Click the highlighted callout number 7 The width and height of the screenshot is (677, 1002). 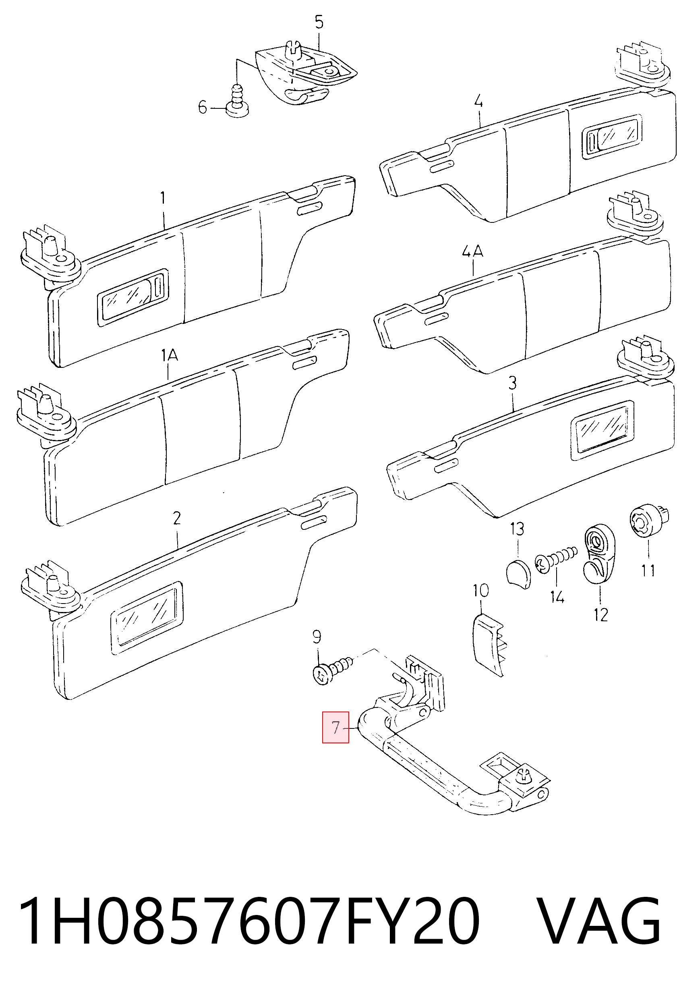335,727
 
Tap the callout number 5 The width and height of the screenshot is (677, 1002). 319,22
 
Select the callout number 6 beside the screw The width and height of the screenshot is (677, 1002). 203,106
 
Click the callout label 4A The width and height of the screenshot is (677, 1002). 473,251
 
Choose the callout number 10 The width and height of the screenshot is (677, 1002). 480,590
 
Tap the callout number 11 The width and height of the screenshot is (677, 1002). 648,571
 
